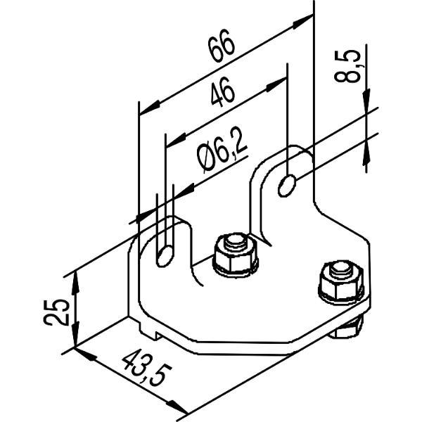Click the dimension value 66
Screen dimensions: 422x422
click(x=222, y=46)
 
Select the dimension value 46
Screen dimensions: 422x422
click(x=222, y=91)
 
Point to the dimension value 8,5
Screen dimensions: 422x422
click(x=347, y=65)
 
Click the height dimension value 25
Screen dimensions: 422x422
click(x=56, y=312)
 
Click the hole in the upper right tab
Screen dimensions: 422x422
click(x=287, y=186)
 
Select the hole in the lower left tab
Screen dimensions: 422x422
click(x=165, y=256)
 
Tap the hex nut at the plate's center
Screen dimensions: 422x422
click(x=236, y=256)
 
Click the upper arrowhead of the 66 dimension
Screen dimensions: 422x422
click(x=302, y=22)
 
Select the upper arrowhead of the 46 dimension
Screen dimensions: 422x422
click(x=276, y=84)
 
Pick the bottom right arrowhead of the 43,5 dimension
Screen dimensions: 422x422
click(x=177, y=407)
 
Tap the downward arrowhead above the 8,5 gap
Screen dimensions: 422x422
click(x=366, y=100)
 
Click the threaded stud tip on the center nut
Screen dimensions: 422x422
click(x=234, y=241)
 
